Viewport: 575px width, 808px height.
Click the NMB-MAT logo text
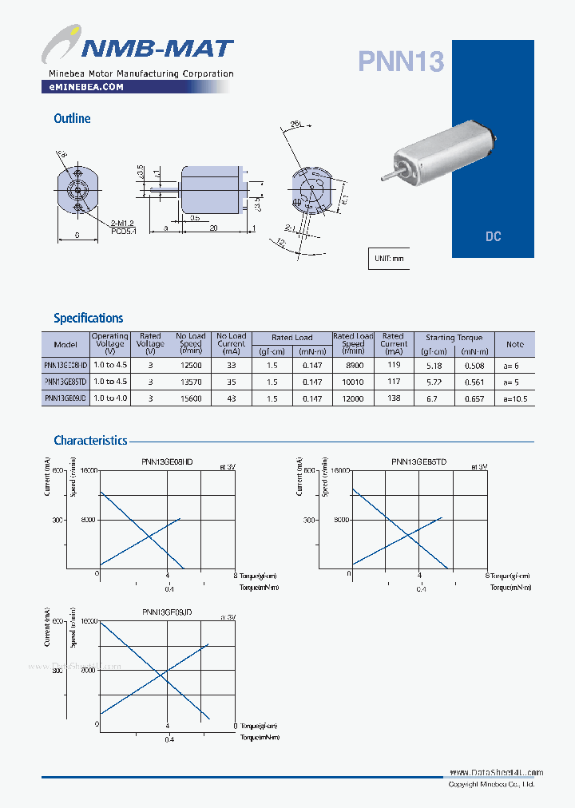point(155,49)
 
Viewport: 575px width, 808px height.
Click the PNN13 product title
point(400,61)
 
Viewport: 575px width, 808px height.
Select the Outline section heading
point(72,118)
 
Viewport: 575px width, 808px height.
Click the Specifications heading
point(88,318)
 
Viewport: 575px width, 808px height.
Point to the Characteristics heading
point(90,440)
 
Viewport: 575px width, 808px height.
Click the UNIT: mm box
point(389,259)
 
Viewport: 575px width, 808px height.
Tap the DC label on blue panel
point(493,237)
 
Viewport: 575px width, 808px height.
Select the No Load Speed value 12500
point(191,365)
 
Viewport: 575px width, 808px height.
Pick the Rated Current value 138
point(393,398)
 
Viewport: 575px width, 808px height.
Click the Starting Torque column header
point(454,338)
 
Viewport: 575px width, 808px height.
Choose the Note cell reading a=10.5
point(515,398)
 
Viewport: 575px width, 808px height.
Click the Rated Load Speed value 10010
point(352,382)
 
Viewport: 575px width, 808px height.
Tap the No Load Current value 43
point(232,398)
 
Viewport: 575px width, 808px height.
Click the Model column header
point(65,344)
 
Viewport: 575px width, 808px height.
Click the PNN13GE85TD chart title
point(418,462)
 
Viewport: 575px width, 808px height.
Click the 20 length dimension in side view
point(213,228)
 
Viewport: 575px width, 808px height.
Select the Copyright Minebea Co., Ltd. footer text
point(491,785)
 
